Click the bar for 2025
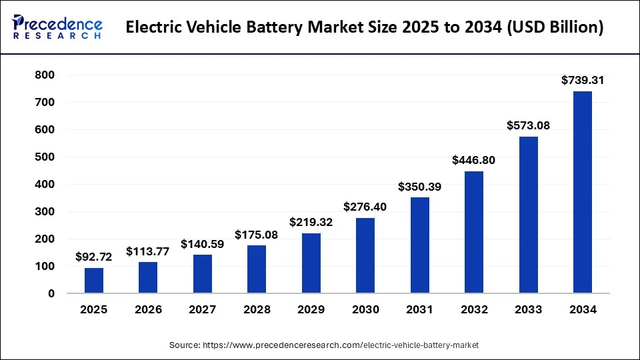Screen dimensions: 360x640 (x=94, y=280)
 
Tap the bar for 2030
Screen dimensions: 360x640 (x=365, y=255)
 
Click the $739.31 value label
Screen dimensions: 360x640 (x=583, y=80)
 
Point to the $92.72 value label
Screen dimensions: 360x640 (x=94, y=256)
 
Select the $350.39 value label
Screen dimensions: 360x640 (x=420, y=186)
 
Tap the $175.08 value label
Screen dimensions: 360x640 (x=257, y=234)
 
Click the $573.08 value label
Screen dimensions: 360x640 (x=528, y=125)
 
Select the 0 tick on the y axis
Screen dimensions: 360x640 (x=51, y=293)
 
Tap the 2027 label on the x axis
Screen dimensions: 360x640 (x=203, y=309)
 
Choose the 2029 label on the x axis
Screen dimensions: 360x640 (x=311, y=309)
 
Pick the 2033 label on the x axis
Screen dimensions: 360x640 (x=528, y=309)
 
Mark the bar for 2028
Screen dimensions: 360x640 (x=257, y=269)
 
